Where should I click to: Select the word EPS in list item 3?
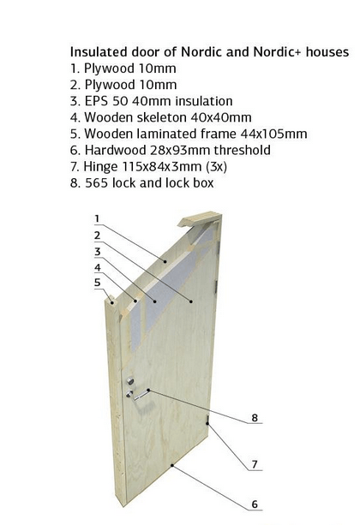tap(96, 101)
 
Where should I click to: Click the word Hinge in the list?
tap(100, 167)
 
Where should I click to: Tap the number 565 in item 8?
tap(97, 183)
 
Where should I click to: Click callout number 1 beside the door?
tap(97, 218)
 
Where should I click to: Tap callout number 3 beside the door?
tap(97, 252)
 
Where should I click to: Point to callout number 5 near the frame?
tap(97, 283)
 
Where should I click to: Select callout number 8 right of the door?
tap(255, 418)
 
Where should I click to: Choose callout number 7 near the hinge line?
tap(255, 464)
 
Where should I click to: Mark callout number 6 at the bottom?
tap(255, 504)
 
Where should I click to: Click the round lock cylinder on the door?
tap(129, 381)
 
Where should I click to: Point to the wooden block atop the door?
tap(200, 218)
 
